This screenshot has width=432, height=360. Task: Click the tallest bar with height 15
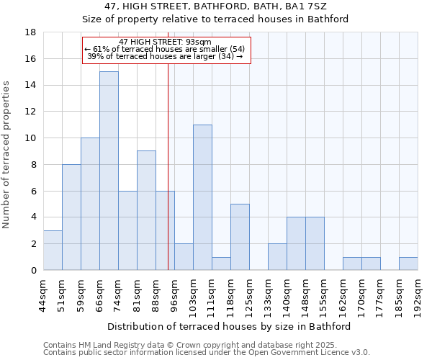coord(109,171)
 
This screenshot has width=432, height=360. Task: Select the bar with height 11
coord(202,197)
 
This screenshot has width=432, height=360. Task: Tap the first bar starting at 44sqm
coord(53,250)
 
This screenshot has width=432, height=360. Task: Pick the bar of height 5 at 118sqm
coord(240,237)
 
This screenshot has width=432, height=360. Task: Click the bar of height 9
coord(146,210)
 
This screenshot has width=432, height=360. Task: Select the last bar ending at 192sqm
coord(408,264)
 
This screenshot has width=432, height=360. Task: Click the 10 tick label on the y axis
coord(30,138)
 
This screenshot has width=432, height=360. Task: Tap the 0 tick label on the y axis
coord(33,270)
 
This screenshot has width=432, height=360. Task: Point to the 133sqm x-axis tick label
coord(268,295)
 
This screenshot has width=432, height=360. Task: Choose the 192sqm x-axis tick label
coord(418,295)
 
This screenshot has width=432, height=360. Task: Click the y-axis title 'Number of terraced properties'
coord(7,155)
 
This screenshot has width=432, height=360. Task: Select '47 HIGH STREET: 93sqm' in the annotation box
coord(165,42)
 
